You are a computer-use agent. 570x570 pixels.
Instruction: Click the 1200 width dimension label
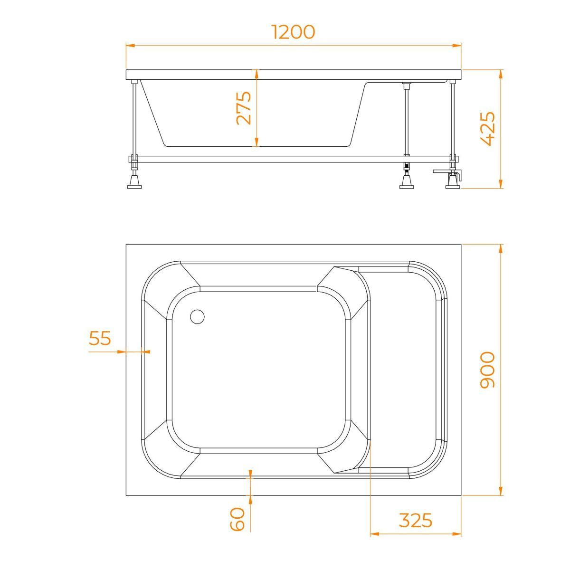293,32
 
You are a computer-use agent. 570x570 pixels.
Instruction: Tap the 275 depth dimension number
244,108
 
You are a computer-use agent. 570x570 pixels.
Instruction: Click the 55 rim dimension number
100,338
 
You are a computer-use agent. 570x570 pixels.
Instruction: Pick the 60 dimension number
237,520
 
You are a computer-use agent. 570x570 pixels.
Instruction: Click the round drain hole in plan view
197,317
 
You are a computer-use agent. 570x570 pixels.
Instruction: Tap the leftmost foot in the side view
134,181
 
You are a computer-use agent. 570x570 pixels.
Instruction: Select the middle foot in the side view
407,181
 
